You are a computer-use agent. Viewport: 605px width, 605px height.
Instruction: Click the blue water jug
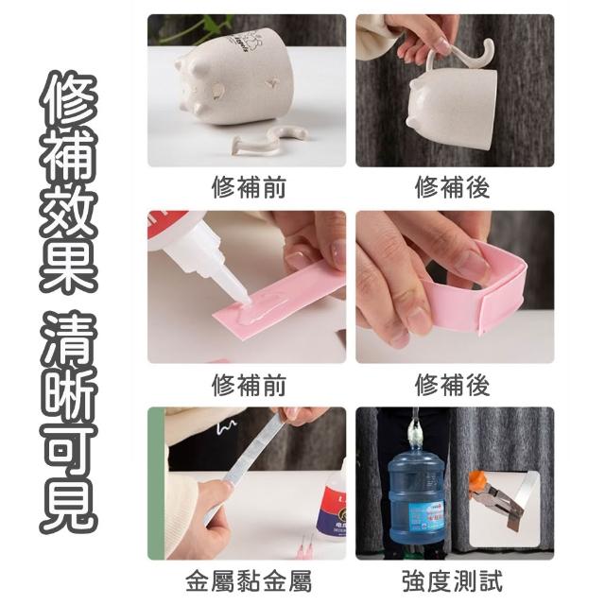(416, 497)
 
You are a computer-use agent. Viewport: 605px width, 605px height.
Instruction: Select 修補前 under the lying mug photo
(249, 188)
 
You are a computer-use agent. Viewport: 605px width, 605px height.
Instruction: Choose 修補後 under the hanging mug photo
(453, 188)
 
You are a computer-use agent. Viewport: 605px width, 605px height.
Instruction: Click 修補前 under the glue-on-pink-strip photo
(249, 386)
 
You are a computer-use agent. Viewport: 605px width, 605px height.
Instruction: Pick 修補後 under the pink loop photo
(453, 386)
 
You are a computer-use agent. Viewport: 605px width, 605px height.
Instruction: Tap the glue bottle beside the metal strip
(332, 505)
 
